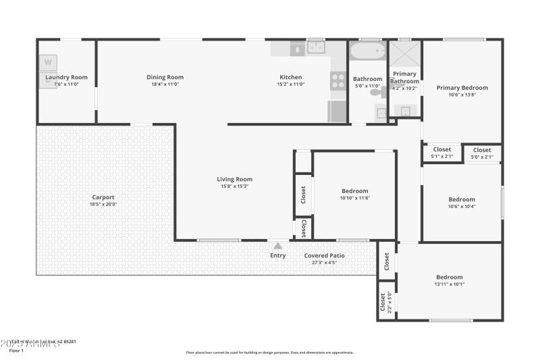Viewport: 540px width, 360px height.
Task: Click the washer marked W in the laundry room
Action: point(48,63)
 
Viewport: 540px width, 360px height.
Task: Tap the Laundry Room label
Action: point(66,78)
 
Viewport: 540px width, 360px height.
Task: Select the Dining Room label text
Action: point(165,78)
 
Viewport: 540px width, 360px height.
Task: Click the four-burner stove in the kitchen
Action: point(337,81)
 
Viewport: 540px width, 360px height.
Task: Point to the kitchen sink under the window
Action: point(316,48)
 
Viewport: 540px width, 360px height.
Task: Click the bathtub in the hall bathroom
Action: point(367,52)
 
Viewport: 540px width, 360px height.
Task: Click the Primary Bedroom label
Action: point(462,88)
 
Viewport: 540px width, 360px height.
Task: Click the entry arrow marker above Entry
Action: point(277,246)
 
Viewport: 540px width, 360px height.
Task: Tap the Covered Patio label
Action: point(324,256)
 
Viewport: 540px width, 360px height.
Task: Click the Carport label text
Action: point(103,197)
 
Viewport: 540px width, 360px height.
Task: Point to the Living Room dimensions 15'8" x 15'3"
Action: point(234,186)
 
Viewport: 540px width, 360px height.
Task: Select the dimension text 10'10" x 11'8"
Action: point(354,198)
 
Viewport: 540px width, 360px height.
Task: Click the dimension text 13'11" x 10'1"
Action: point(449,284)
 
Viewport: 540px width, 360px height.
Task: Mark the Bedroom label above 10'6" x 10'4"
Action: point(462,199)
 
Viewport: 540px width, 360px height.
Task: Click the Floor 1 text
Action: point(16,351)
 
